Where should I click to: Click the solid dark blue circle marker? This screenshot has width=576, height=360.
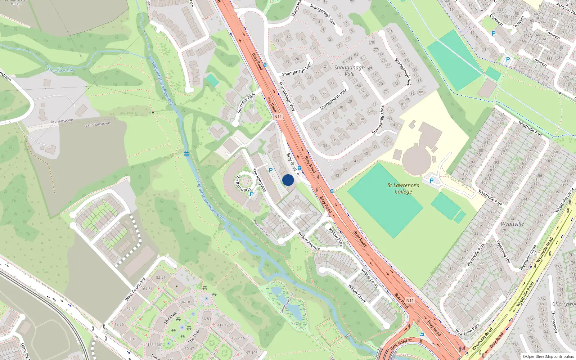(288, 180)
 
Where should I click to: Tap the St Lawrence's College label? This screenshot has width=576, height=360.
(403, 188)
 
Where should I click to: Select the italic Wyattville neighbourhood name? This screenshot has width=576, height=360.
(512, 224)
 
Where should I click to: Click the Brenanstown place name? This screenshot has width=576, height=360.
(62, 121)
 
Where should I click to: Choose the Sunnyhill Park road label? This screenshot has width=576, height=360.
(246, 103)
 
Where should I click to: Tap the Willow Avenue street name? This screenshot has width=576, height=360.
(309, 240)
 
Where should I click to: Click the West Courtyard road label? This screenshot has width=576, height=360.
(135, 289)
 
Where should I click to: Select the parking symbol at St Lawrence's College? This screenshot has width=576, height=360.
(431, 181)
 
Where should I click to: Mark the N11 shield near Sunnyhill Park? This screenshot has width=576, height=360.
(278, 117)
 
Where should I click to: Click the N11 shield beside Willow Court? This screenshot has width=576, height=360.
(410, 300)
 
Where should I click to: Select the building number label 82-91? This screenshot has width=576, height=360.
(161, 278)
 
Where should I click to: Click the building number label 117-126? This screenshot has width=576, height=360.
(224, 325)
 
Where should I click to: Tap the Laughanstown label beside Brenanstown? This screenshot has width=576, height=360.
(98, 125)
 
